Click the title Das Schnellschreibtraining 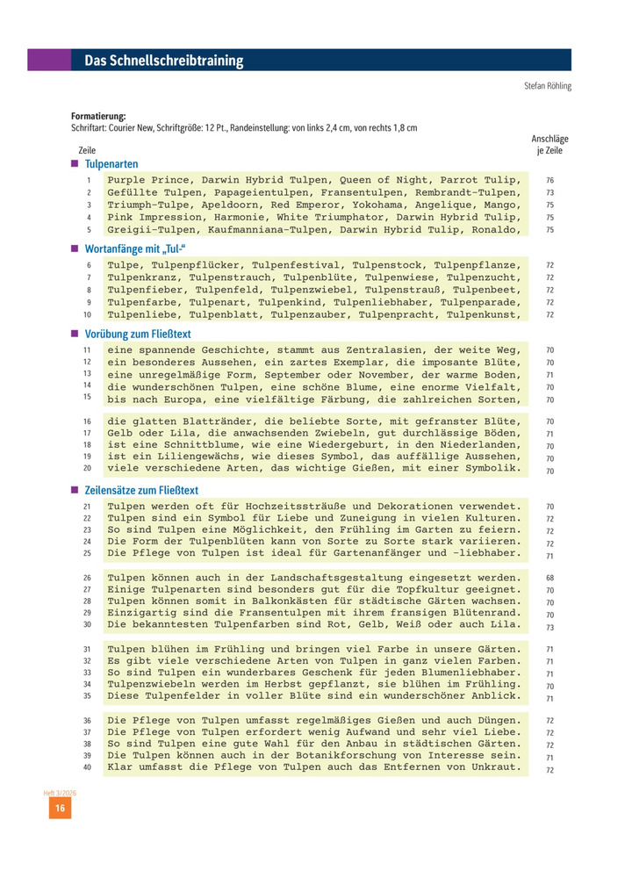point(163,61)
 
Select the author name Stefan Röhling point(547,86)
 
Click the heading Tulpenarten point(111,164)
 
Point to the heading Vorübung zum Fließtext point(138,334)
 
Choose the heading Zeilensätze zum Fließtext point(141,490)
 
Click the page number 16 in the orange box point(60,809)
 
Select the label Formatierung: point(98,116)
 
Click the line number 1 point(89,180)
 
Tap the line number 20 point(88,469)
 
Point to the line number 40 point(88,767)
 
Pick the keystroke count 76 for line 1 point(549,180)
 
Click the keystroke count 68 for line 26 point(549,578)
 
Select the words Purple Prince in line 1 point(151,180)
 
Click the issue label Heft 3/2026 point(60,793)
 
